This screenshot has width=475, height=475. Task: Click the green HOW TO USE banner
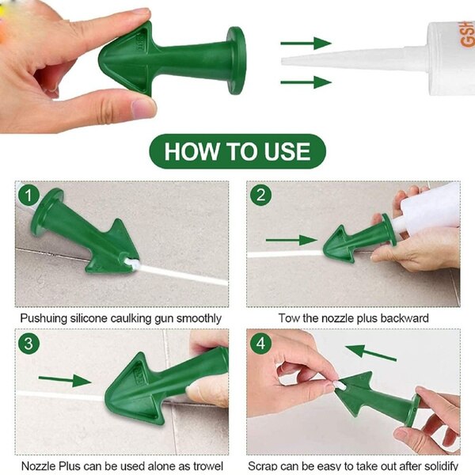click(x=237, y=151)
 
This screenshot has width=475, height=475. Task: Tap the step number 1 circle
click(x=29, y=195)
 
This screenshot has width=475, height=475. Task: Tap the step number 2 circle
click(x=260, y=195)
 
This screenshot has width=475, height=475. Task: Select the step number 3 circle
click(x=29, y=343)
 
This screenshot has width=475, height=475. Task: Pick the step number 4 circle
click(x=260, y=343)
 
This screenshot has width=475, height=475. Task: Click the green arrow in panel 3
click(x=65, y=381)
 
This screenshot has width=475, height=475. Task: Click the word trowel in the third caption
click(x=207, y=466)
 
